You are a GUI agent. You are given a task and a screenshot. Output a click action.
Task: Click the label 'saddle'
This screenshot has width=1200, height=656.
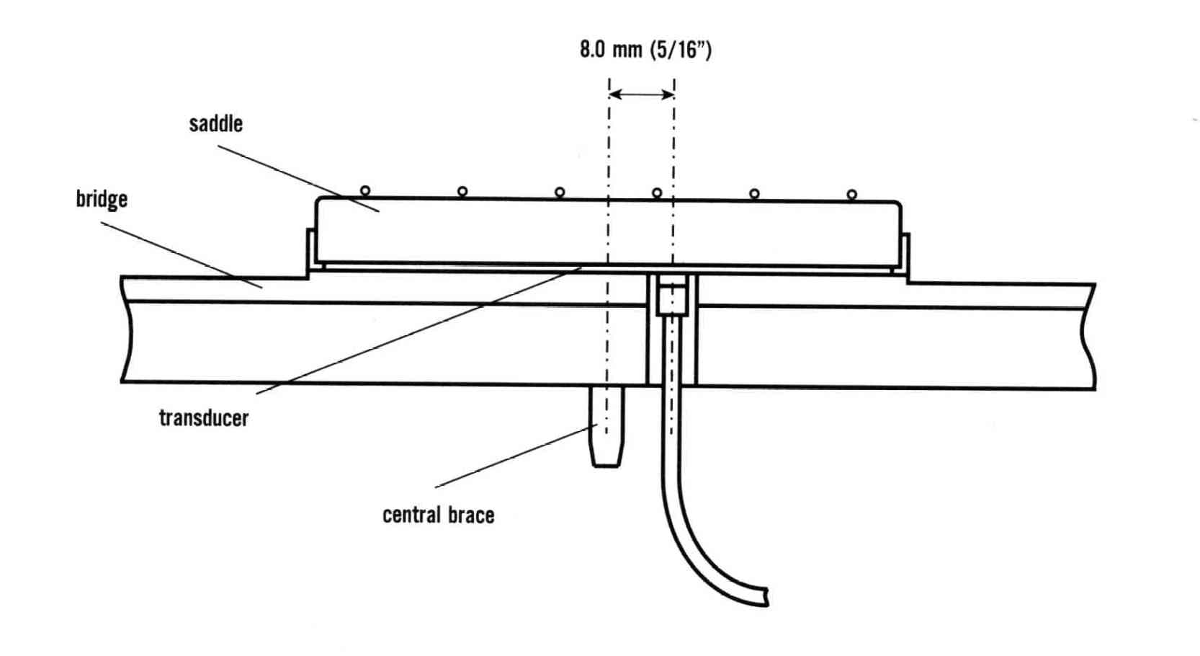[x=216, y=124]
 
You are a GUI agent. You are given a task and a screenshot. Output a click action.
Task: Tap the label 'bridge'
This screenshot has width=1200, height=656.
[x=102, y=200]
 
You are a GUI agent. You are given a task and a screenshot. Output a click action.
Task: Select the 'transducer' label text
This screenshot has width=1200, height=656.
[x=204, y=418]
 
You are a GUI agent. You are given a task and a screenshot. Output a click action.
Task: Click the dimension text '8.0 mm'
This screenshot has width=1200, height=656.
[x=611, y=50]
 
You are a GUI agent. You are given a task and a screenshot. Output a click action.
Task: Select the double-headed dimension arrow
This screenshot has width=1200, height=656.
[x=642, y=95]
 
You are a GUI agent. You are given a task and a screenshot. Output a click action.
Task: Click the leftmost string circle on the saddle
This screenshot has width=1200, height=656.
[x=365, y=191]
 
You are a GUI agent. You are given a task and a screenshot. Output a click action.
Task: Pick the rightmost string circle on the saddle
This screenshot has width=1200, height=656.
[x=852, y=195]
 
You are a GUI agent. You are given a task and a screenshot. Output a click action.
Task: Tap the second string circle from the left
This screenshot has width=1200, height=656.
[x=462, y=191]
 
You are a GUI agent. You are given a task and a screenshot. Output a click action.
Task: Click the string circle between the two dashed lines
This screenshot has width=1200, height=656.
[x=657, y=193]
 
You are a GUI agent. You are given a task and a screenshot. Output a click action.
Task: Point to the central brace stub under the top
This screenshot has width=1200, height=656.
[x=606, y=426]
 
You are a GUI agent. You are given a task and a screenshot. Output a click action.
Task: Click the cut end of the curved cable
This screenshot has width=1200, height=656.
[x=767, y=597]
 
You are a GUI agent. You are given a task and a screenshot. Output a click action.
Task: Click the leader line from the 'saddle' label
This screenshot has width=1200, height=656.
[x=298, y=179]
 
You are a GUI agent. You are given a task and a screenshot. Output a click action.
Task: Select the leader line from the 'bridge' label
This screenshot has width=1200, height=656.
[x=182, y=255]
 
